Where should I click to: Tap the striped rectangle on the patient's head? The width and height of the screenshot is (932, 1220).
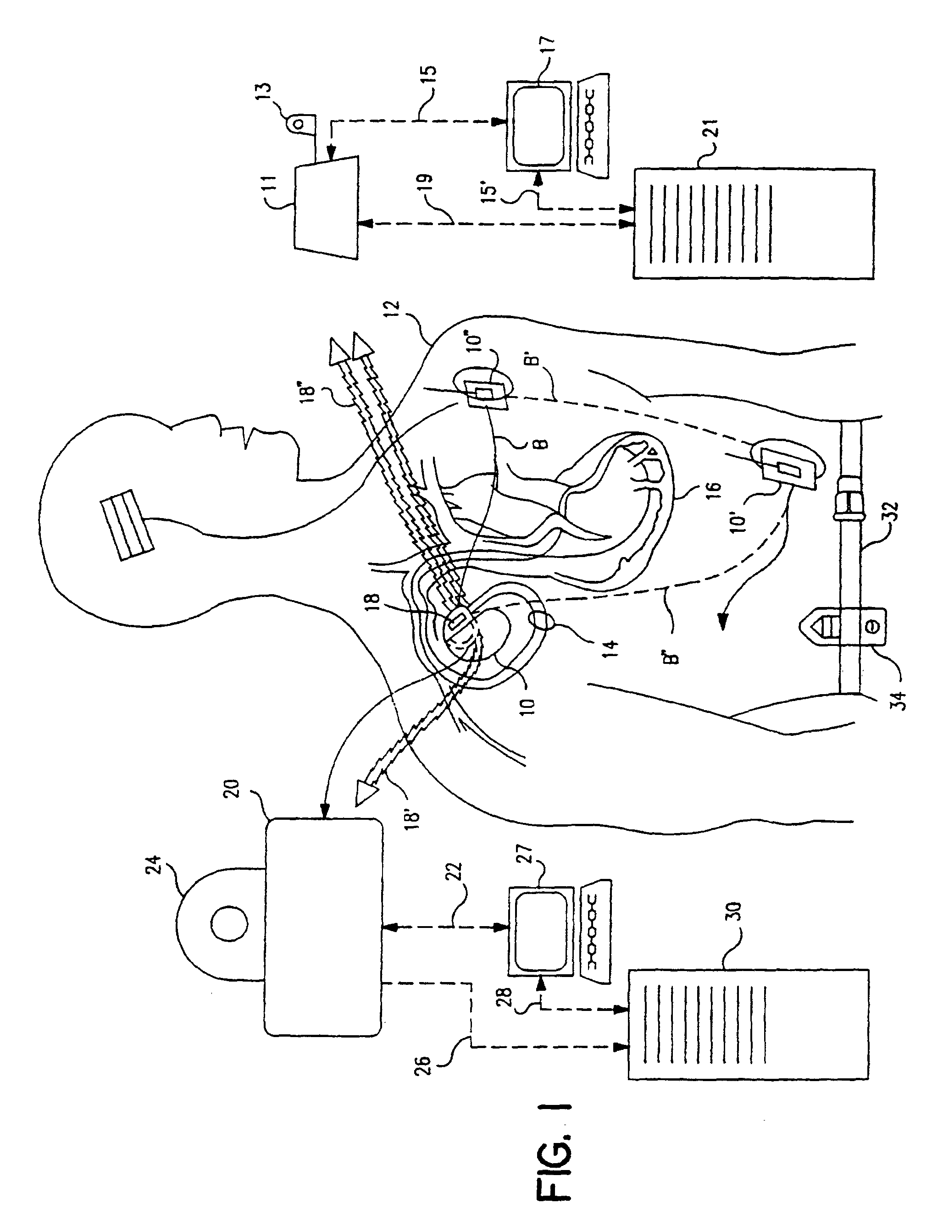point(127,524)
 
